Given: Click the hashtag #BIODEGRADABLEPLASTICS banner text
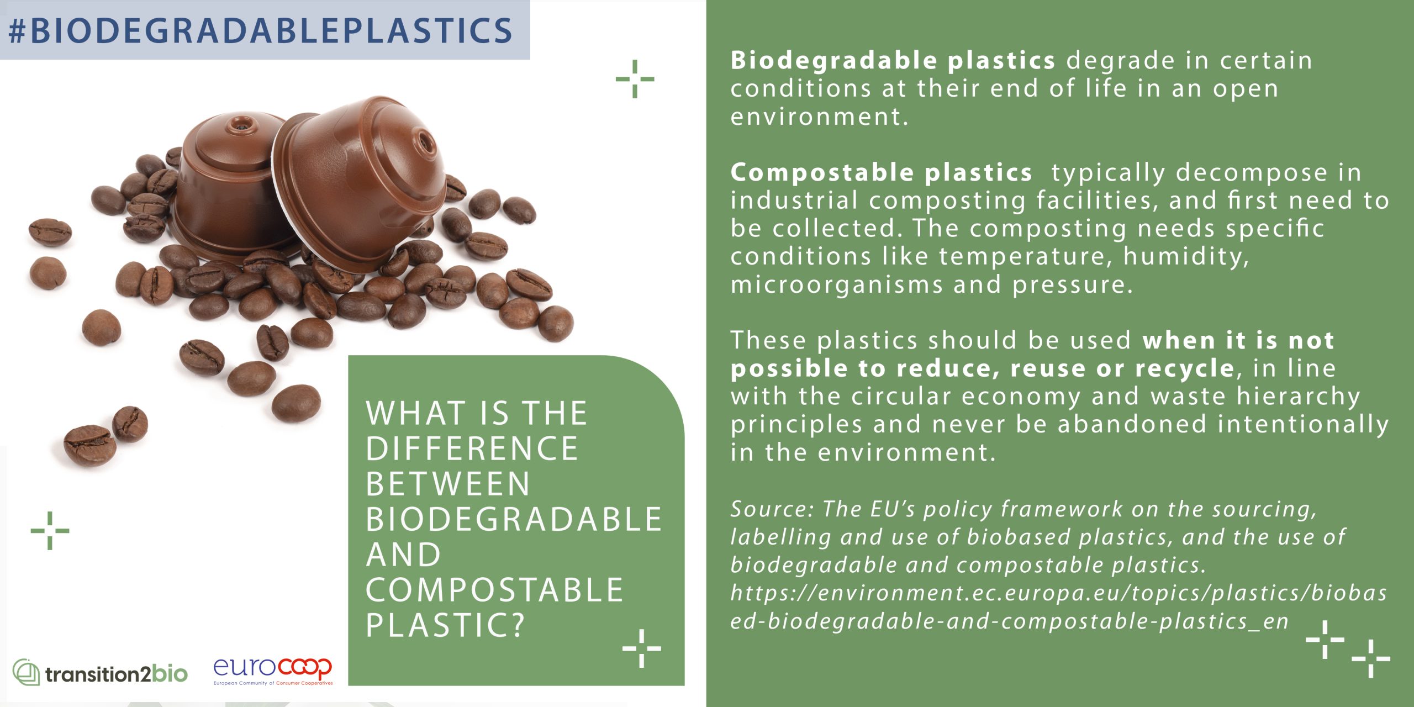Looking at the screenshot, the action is (261, 30).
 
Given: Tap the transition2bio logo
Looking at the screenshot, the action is (100, 672).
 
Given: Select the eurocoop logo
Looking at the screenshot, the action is (273, 671).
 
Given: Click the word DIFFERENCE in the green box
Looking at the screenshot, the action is (472, 448).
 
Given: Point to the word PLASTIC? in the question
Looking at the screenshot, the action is (445, 625).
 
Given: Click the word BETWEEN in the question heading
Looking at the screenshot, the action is (448, 483).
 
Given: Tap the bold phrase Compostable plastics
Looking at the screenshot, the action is (881, 173).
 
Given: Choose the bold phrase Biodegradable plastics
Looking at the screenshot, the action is (893, 60).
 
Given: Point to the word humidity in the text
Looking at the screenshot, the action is (1185, 257).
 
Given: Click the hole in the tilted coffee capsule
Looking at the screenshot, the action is (426, 142).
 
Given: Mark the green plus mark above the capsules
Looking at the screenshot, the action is (635, 79).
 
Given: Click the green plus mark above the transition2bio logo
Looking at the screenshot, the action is (50, 531).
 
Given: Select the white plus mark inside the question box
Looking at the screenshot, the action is (641, 648).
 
